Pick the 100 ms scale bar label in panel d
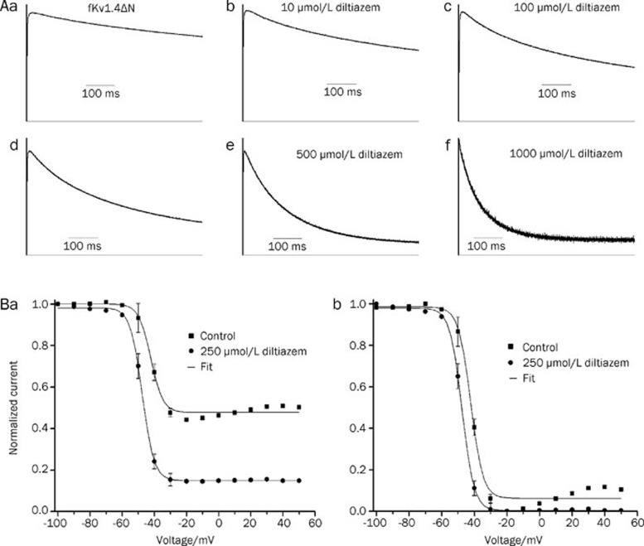coord(84,247)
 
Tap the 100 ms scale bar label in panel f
coord(487,247)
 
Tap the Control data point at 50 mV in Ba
coord(298,408)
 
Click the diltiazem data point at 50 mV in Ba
coord(298,480)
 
